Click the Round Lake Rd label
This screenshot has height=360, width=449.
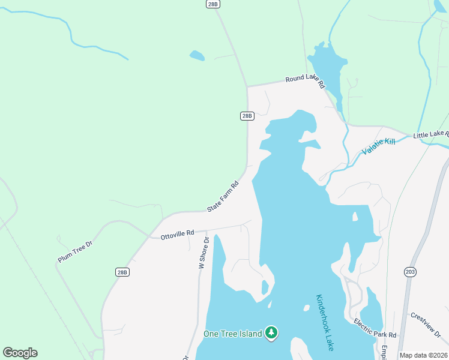[x=304, y=79]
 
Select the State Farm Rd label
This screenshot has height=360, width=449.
[x=223, y=196]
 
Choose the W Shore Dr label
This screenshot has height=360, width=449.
[x=203, y=253]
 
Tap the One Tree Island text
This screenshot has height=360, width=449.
[x=232, y=334]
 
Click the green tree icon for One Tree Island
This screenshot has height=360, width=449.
[x=271, y=332]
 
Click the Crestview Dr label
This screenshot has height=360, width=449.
[x=426, y=325]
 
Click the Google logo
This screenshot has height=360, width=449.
[x=20, y=352]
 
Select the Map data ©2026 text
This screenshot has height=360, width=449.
[x=423, y=355]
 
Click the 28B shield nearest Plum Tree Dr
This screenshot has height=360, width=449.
[x=122, y=272]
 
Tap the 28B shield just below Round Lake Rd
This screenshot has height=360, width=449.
[x=247, y=116]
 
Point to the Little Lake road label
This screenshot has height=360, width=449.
[x=430, y=136]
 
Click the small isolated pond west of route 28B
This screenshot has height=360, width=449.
[x=196, y=56]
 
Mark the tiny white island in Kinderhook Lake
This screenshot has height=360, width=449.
[x=306, y=308]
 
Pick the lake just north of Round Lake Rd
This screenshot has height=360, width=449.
[x=327, y=63]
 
